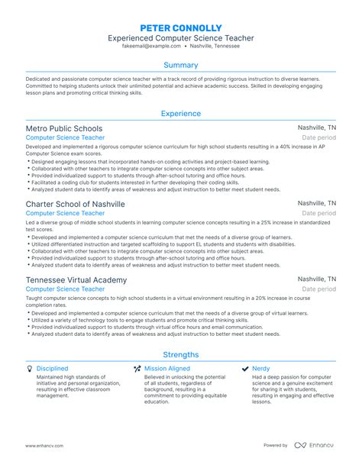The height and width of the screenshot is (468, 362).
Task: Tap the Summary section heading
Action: pyautogui.click(x=180, y=65)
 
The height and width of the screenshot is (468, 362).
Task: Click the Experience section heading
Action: pyautogui.click(x=180, y=114)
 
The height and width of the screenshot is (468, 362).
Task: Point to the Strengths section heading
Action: pyautogui.click(x=180, y=354)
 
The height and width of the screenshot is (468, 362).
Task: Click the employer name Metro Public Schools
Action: pyautogui.click(x=64, y=128)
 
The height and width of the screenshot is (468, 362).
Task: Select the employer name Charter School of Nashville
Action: pyautogui.click(x=75, y=204)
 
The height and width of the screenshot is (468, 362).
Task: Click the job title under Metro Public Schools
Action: pyautogui.click(x=65, y=138)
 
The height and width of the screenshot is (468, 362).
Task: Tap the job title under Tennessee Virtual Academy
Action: pyautogui.click(x=65, y=289)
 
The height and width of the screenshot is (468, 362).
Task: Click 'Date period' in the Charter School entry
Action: pyautogui.click(x=318, y=214)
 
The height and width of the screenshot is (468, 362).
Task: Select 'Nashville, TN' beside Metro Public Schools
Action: pyautogui.click(x=316, y=128)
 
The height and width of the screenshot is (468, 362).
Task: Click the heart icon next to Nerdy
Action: pyautogui.click(x=244, y=368)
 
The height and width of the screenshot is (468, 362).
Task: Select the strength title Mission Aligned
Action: pyautogui.click(x=168, y=368)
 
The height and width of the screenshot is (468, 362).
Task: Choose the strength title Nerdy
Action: pyautogui.click(x=261, y=368)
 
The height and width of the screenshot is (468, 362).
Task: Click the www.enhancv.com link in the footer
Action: pyautogui.click(x=44, y=444)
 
